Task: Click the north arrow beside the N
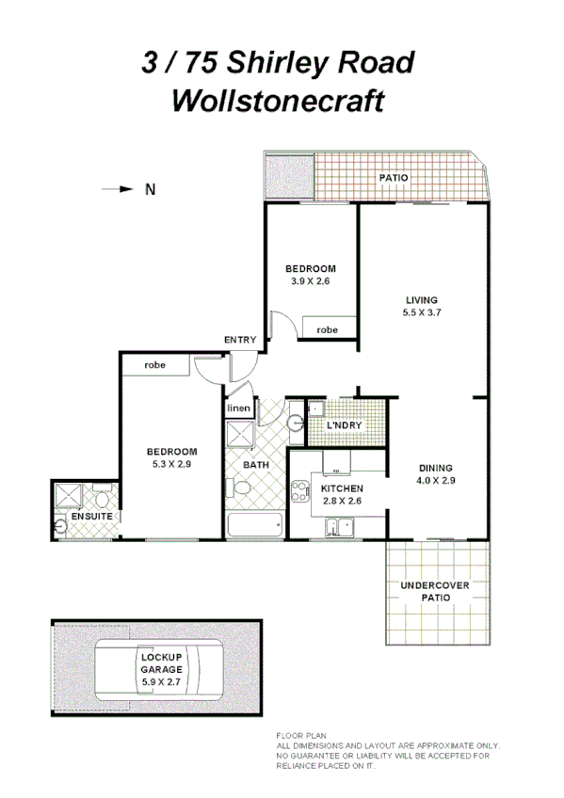click(x=119, y=189)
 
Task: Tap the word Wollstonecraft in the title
click(x=278, y=100)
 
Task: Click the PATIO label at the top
click(x=394, y=177)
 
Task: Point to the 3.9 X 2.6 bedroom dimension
click(x=310, y=280)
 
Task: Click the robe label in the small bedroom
click(x=328, y=330)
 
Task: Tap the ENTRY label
click(x=239, y=340)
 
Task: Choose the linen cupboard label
click(x=238, y=407)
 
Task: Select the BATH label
click(x=256, y=465)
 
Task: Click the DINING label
click(x=436, y=468)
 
